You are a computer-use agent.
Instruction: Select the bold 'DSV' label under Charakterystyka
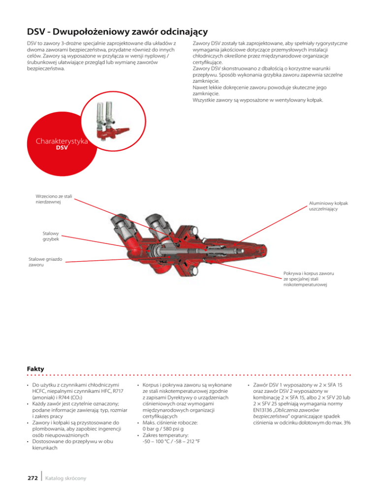click(x=61, y=148)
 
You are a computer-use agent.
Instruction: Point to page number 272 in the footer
click(x=33, y=478)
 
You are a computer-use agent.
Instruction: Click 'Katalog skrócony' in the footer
click(x=67, y=478)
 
